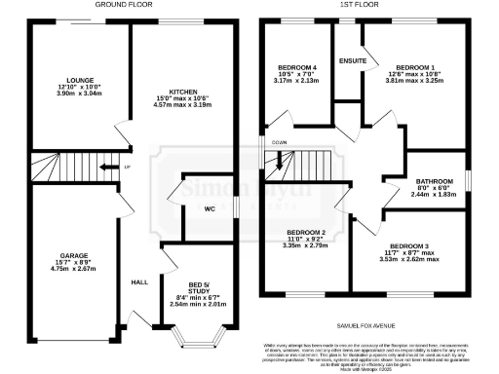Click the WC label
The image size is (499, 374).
coord(210,208)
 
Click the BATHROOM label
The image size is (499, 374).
coord(434,181)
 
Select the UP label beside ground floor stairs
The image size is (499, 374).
coord(128,168)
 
